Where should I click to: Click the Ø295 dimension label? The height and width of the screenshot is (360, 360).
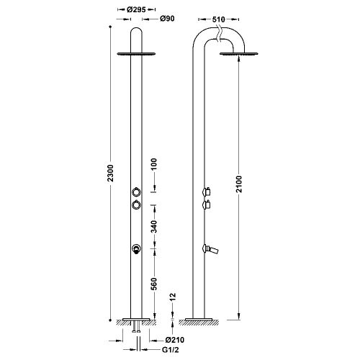tap(136, 9)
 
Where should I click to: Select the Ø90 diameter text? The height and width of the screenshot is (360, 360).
tap(167, 19)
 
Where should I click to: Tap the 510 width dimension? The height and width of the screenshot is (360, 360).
tap(219, 19)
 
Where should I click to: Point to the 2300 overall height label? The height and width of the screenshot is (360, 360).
tap(110, 173)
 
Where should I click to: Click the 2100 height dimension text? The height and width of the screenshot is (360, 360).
tap(239, 184)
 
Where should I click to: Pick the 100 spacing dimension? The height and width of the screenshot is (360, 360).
tap(154, 164)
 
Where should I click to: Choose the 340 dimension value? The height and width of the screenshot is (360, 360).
tap(154, 227)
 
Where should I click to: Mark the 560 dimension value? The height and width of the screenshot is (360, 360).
tap(154, 284)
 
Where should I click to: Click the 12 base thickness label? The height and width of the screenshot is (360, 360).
tap(173, 297)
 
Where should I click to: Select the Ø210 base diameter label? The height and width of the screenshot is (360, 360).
tap(175, 340)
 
